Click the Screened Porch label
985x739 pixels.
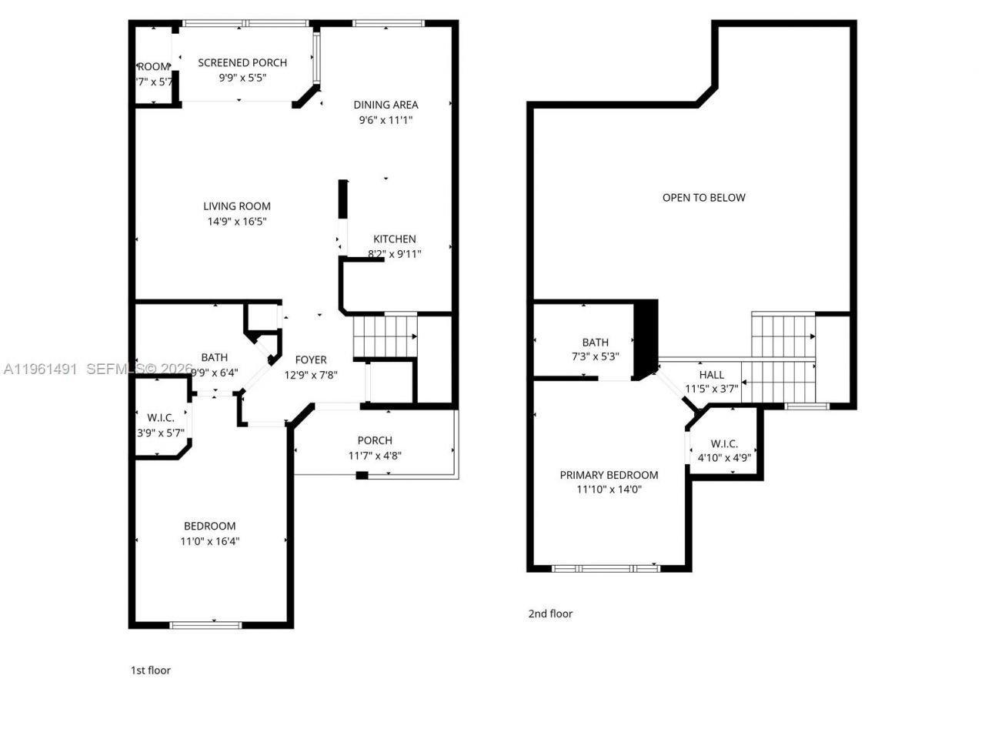(x=242, y=62)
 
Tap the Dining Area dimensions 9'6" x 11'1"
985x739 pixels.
(x=386, y=120)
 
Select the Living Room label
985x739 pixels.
(x=237, y=206)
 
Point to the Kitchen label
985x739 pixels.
(x=395, y=239)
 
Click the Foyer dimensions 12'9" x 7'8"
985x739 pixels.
(x=311, y=376)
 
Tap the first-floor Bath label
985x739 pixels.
(x=214, y=357)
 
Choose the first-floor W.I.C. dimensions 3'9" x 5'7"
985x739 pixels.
(x=160, y=433)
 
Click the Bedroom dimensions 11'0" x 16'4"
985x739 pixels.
(x=209, y=541)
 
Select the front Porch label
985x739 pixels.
(x=375, y=440)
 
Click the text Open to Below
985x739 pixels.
(x=703, y=197)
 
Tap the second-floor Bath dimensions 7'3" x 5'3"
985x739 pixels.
(x=595, y=357)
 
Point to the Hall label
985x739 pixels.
(x=711, y=374)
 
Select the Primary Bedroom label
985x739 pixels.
(x=609, y=475)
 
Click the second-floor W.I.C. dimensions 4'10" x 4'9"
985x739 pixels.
(x=724, y=458)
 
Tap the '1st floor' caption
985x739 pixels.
(x=151, y=670)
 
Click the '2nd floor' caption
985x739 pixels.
(x=550, y=614)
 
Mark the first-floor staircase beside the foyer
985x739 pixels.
(x=384, y=336)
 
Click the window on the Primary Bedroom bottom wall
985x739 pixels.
(x=606, y=569)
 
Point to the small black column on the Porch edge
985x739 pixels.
(x=362, y=475)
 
